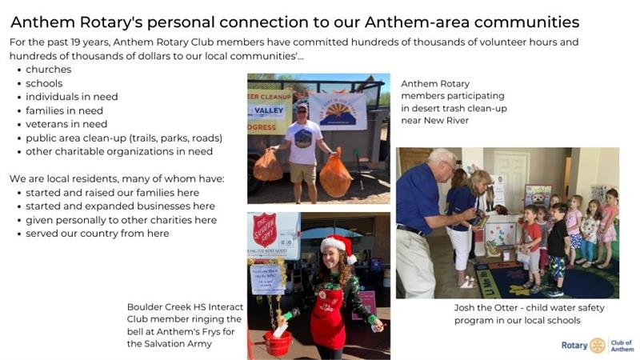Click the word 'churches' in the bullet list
coord(48,70)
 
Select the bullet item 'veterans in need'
coord(66,124)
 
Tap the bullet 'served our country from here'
coord(97,234)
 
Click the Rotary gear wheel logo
coord(598,345)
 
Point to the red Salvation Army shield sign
coord(264,230)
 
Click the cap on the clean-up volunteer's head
coord(302,106)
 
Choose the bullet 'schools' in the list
coord(44,83)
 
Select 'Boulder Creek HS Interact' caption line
coord(185,307)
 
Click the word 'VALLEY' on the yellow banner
coord(266,114)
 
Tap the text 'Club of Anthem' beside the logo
coord(622,345)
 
